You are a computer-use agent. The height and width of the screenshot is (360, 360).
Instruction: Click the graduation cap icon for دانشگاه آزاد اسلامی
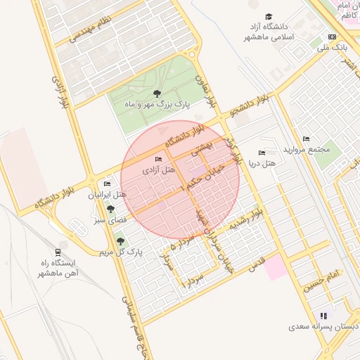[x=269, y=17]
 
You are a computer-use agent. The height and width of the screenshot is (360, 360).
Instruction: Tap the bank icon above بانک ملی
[x=332, y=37]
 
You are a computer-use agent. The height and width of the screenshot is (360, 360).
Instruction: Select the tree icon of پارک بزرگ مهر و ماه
[x=156, y=94]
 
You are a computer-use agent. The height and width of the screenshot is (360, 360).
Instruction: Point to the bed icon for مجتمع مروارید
[x=305, y=139]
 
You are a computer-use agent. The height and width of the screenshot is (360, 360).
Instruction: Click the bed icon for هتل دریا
[x=262, y=153]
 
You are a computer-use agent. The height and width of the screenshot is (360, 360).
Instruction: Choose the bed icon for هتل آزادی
[x=157, y=160]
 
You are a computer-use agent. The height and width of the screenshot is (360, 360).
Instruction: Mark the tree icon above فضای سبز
[x=109, y=210]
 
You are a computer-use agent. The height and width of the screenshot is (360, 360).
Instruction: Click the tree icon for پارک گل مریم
[x=120, y=241]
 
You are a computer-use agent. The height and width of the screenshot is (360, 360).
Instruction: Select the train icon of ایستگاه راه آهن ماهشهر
[x=57, y=252]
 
